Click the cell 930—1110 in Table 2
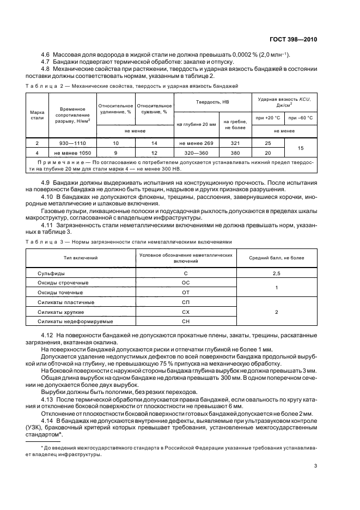[x=72, y=143]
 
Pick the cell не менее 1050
[x=72, y=153]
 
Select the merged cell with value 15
[x=301, y=148]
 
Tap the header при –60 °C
[x=301, y=117]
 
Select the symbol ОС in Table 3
[x=186, y=282]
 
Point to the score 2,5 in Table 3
[x=277, y=272]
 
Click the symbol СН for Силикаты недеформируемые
[x=186, y=321]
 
